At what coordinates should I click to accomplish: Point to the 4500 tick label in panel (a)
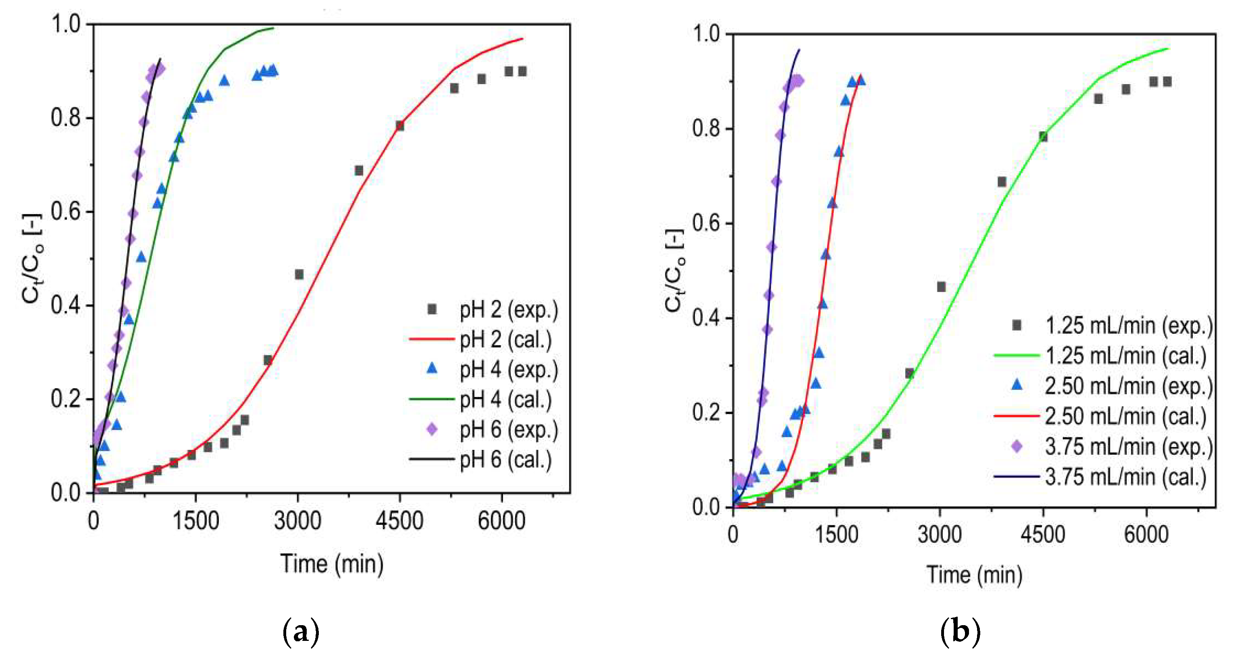[x=399, y=521]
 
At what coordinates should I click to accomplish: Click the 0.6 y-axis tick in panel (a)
[x=66, y=212]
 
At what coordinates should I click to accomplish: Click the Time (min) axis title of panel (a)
[x=332, y=563]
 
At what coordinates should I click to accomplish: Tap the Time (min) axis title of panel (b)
[x=974, y=574]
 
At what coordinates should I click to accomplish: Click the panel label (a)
[x=301, y=632]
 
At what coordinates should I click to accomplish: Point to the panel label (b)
[x=960, y=632]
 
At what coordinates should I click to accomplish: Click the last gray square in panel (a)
[x=522, y=71]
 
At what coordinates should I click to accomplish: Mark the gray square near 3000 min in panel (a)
[x=299, y=274]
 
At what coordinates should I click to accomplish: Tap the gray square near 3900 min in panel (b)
[x=1001, y=182]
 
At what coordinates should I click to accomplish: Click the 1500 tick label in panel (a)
[x=195, y=521]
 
